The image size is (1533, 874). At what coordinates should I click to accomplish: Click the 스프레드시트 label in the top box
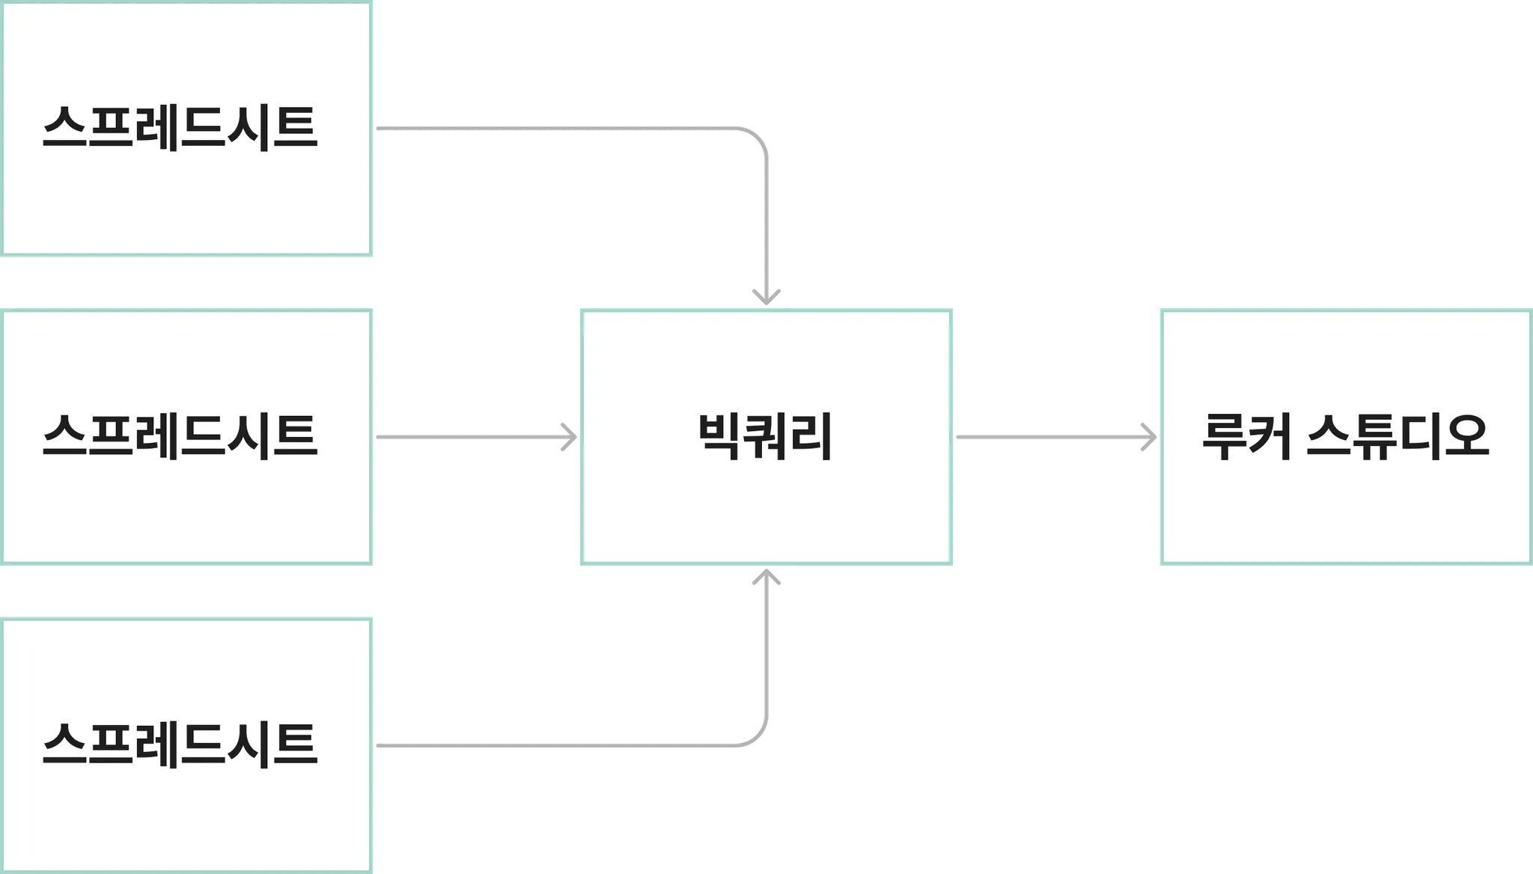pos(180,128)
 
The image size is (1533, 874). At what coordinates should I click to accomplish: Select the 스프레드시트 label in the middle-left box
pos(180,436)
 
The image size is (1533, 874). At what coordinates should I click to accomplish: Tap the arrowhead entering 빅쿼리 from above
pos(766,296)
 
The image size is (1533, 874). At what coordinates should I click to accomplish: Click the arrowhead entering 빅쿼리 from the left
pos(569,437)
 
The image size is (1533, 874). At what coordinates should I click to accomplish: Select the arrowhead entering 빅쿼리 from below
pos(766,577)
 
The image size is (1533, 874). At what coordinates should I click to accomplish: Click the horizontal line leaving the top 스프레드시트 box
pos(554,132)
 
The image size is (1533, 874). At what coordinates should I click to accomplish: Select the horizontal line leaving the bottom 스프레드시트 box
pos(554,742)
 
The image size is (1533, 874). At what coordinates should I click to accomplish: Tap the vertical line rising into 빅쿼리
pos(766,651)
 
